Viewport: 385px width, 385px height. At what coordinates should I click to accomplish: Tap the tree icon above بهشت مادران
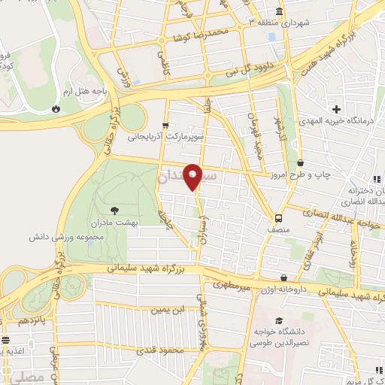click(x=114, y=189)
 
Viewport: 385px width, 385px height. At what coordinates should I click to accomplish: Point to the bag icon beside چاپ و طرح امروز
click(x=301, y=162)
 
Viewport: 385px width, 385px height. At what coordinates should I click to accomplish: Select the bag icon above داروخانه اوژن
click(x=283, y=277)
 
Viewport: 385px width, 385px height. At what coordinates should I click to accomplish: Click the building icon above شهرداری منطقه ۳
click(x=279, y=12)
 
